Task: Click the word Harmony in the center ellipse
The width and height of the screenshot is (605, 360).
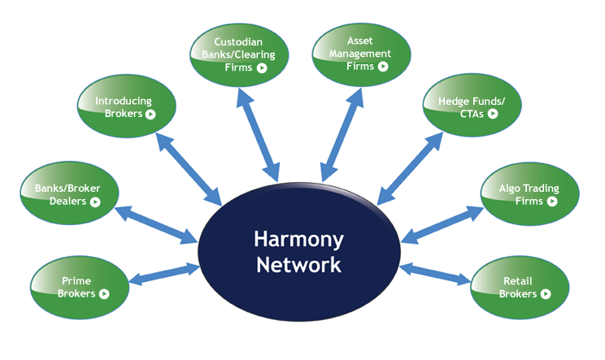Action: [298, 241]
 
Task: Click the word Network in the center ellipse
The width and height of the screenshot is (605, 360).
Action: [298, 264]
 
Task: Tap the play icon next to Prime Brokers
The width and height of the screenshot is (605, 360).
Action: [104, 293]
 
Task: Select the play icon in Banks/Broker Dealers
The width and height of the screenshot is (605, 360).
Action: [95, 201]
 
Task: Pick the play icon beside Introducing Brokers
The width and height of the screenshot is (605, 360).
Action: [150, 114]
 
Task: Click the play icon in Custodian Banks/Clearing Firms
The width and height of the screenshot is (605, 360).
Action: [262, 68]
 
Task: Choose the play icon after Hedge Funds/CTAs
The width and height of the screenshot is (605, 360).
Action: [493, 114]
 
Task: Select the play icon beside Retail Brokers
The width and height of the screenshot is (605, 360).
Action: [546, 293]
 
